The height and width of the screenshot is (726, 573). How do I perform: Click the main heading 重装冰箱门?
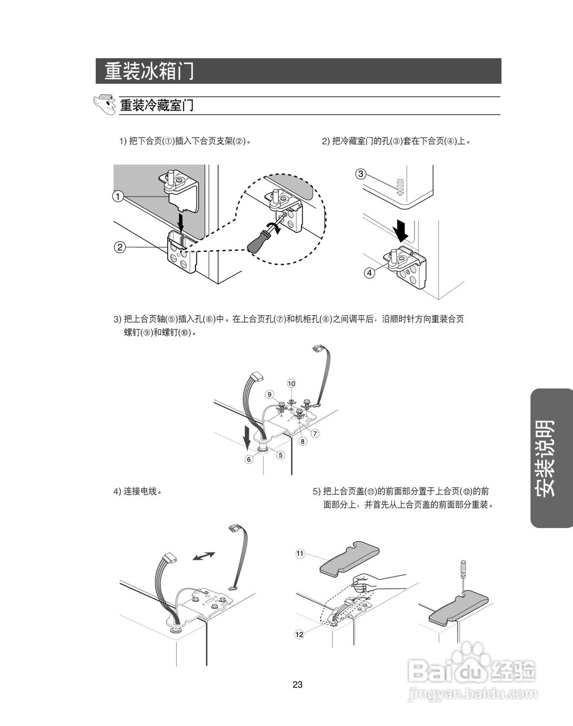(149, 71)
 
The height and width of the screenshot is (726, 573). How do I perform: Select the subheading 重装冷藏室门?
(157, 105)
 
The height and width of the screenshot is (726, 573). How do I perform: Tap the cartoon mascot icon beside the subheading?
(105, 104)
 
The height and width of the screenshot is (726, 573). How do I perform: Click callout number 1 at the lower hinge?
(118, 196)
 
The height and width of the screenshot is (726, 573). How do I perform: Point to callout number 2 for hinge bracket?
(120, 247)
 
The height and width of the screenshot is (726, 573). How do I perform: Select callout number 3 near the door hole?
(360, 174)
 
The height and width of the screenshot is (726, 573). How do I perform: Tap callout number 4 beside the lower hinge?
(370, 272)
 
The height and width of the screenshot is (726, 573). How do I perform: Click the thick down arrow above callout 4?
(401, 231)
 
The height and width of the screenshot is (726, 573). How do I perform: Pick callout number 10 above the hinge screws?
(291, 383)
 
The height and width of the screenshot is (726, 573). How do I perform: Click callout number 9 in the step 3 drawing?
(269, 394)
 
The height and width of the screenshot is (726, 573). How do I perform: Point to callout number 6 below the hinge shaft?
(249, 459)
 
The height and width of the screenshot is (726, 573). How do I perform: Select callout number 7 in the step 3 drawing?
(315, 433)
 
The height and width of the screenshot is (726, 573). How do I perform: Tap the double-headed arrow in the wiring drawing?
(203, 556)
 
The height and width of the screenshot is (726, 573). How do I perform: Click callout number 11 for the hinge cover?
(300, 554)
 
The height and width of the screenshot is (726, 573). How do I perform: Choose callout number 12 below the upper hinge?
(299, 635)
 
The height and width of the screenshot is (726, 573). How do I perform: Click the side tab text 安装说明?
(545, 458)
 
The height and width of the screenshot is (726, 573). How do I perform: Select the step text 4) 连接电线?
(138, 491)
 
